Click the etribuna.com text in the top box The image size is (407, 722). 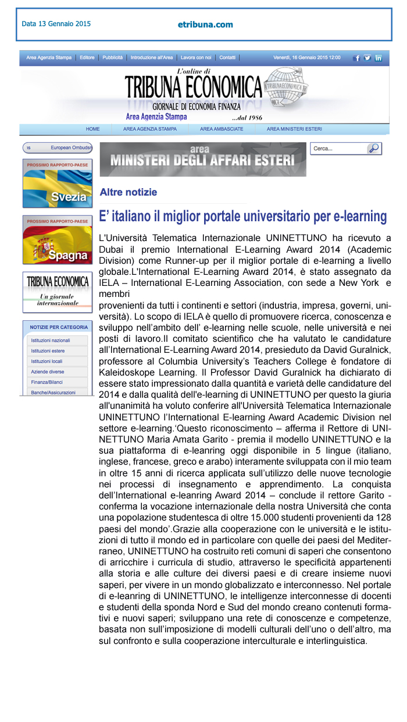(x=205, y=24)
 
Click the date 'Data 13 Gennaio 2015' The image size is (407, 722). (x=56, y=24)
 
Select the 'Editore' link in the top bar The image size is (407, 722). (x=87, y=58)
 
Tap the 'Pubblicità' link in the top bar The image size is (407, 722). (x=112, y=58)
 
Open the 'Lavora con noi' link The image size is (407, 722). (x=196, y=58)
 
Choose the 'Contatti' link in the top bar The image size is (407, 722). (x=227, y=58)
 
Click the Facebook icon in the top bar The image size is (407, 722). (x=356, y=58)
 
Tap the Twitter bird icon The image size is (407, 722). (x=367, y=58)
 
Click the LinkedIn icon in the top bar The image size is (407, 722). (x=378, y=58)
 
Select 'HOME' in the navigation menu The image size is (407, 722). (x=93, y=129)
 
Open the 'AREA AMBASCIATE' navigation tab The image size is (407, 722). (x=222, y=129)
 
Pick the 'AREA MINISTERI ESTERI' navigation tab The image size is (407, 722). (x=294, y=129)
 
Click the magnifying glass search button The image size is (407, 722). (x=374, y=148)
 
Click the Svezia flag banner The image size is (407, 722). (x=58, y=183)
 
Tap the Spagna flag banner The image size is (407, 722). (x=58, y=240)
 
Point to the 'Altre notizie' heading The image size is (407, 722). (x=128, y=192)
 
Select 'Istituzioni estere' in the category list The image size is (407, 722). (x=48, y=351)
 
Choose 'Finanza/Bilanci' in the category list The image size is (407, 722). (x=47, y=382)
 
